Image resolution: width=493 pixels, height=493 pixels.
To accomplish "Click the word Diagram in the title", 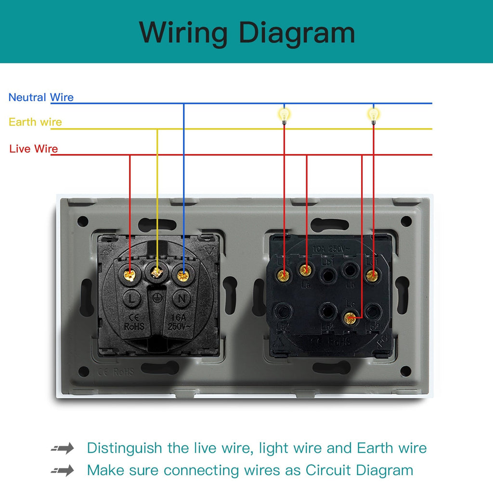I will pos(297,33).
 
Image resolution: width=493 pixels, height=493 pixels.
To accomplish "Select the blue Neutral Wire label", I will pos(41,97).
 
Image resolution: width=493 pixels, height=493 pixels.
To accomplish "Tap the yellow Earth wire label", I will pos(35,122).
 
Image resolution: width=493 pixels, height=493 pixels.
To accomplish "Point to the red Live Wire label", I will pos(33,149).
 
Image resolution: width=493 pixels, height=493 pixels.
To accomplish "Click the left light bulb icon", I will pos(284,115).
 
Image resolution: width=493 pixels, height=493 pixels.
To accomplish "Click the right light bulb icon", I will pos(374,115).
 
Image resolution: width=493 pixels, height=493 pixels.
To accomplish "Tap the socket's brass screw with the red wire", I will pos(129,275).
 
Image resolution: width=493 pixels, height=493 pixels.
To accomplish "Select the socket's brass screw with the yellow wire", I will pos(156,272).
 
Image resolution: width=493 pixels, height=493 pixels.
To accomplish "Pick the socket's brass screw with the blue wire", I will pos(182,275).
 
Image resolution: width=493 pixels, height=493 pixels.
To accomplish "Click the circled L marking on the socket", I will pos(131,299).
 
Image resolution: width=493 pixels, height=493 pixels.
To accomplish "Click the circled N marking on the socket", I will pos(182,299).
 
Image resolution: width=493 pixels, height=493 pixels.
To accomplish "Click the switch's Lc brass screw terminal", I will pos(350,317).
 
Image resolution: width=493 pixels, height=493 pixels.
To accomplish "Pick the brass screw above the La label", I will pos(305,270).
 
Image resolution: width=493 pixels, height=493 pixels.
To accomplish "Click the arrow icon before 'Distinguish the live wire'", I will pos(63,449).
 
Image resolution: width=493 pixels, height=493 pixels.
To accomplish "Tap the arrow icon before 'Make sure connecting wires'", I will pos(63,470).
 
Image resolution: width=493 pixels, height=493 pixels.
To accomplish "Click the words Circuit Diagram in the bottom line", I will pos(359,470).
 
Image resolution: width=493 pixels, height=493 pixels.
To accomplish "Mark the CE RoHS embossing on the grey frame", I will pos(116,372).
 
